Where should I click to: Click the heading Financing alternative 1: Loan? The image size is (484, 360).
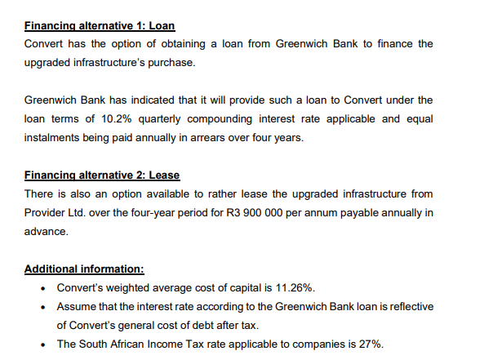tap(100, 24)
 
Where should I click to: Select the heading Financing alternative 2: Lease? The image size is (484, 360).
tap(102, 176)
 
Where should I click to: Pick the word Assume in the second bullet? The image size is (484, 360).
tap(77, 306)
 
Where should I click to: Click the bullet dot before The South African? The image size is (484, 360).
tap(42, 343)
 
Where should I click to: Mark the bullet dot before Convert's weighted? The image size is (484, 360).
tap(42, 288)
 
